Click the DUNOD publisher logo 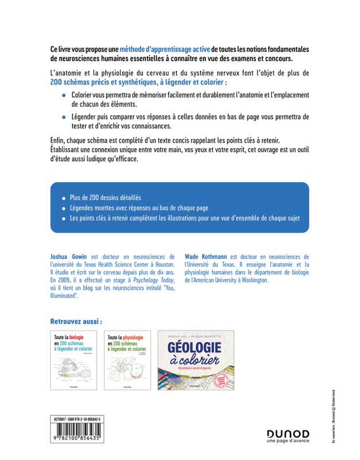[288, 433]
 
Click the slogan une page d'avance [288, 442]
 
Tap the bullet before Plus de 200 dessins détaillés [63, 197]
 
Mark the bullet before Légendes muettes [63, 208]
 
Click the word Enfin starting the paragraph [60, 141]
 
